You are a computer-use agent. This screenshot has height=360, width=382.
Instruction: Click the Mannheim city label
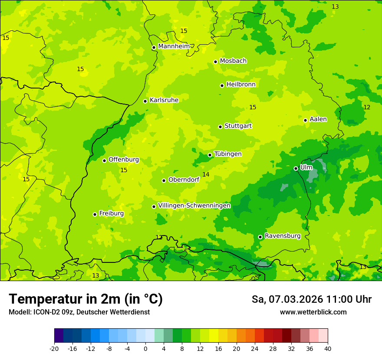[174, 46]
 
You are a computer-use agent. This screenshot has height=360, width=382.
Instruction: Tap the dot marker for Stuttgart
[220, 127]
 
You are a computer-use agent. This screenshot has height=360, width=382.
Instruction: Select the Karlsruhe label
[164, 100]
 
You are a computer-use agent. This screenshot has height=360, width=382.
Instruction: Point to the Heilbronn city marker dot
[222, 85]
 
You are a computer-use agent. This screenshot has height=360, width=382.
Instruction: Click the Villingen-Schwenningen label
[194, 206]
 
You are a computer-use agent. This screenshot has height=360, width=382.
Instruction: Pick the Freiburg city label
[112, 213]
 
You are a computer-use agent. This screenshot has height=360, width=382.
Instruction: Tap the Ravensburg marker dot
[260, 237]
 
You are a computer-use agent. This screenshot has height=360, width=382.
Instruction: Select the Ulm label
[306, 167]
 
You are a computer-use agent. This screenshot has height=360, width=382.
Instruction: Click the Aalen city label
[318, 119]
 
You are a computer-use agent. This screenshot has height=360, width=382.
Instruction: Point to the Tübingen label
[228, 154]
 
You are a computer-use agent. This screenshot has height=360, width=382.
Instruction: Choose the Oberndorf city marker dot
[164, 180]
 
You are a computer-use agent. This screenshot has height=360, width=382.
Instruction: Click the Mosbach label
[233, 61]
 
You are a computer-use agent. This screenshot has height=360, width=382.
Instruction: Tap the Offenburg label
[124, 160]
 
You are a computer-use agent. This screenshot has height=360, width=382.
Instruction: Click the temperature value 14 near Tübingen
[206, 174]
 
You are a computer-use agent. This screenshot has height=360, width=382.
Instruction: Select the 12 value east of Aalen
[367, 107]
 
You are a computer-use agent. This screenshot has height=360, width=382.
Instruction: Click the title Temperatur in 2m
[86, 299]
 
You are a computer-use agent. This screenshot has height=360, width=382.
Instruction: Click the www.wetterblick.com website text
[313, 312]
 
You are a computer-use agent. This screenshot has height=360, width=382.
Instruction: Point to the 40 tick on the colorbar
[328, 348]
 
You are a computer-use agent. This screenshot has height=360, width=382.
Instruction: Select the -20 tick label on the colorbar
[54, 348]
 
